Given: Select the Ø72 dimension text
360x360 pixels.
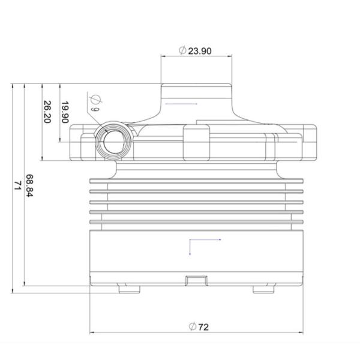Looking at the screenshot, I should click(x=199, y=327).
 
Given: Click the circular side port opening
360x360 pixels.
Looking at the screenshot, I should click(x=112, y=142).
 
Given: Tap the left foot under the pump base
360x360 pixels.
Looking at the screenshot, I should click(x=129, y=290).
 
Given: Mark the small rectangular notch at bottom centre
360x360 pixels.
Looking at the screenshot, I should click(x=196, y=280).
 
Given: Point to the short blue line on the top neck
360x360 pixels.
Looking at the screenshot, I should click(x=181, y=104).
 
